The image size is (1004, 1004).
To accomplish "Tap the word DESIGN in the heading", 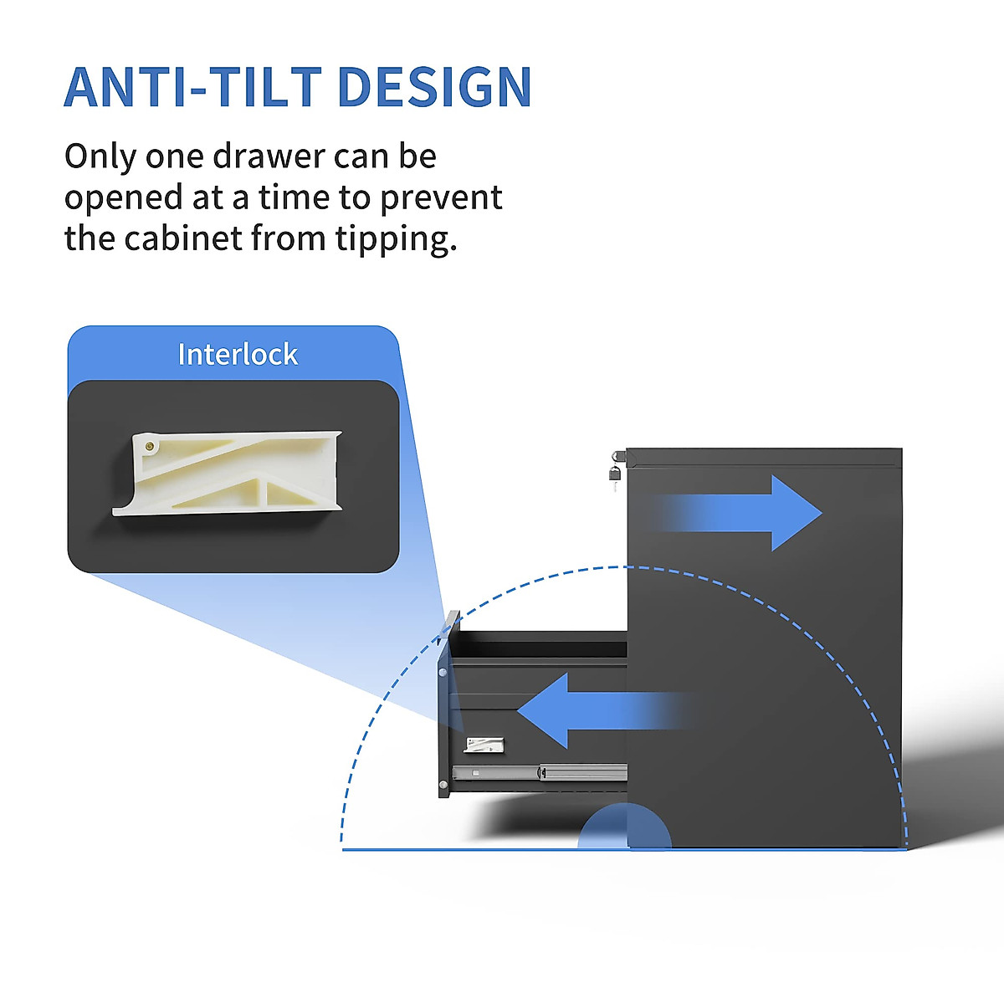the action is click(435, 87).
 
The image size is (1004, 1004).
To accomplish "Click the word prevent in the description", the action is click(441, 198).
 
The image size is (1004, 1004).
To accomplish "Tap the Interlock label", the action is click(238, 355).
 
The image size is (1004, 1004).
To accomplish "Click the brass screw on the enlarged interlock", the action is click(149, 447).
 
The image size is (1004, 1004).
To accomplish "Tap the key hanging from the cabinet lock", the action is click(614, 478).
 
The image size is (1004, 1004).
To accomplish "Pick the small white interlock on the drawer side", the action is click(484, 745).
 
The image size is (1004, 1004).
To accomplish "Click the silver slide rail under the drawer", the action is click(540, 772).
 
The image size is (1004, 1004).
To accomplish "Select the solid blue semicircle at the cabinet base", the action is click(624, 828).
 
